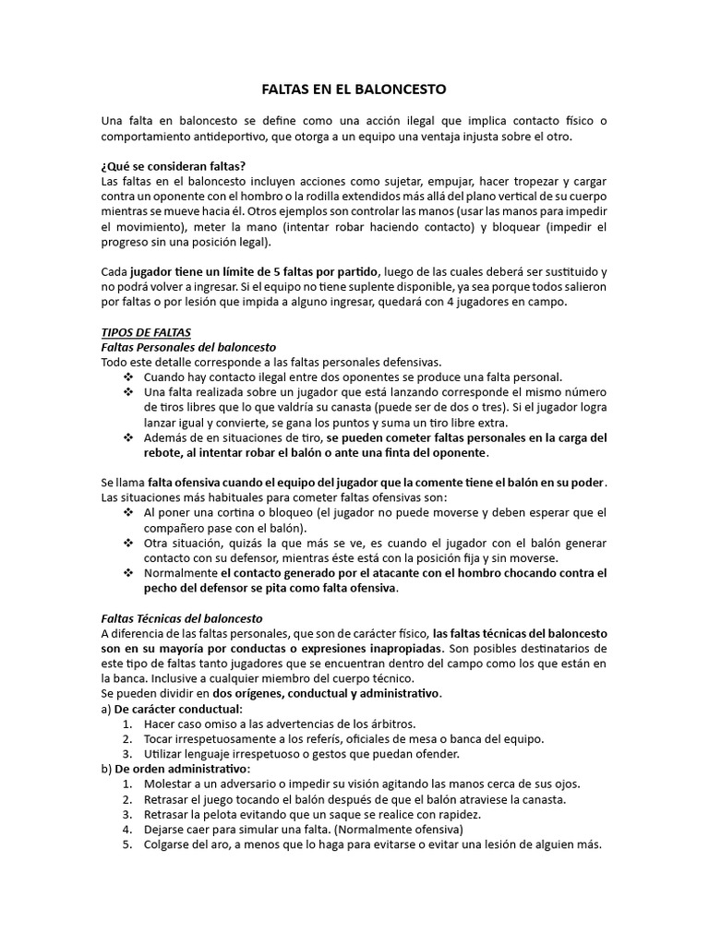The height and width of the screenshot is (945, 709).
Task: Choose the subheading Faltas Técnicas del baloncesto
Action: [182, 618]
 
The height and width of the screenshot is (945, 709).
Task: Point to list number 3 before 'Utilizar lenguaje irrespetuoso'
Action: [128, 754]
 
